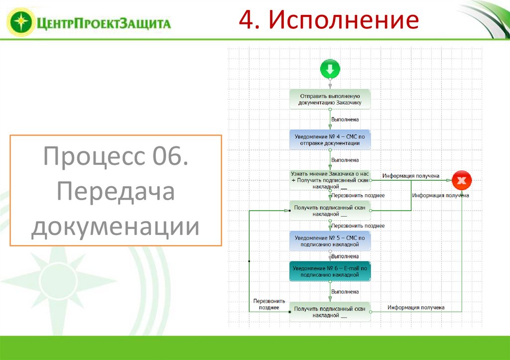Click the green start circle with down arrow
[330, 69]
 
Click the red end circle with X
[461, 181]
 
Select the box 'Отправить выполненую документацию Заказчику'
[330, 100]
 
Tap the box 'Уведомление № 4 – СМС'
[330, 139]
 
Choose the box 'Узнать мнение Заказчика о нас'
[330, 180]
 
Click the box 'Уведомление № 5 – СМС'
[330, 241]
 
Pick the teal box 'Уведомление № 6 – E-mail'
[330, 271]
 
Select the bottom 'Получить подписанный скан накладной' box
[330, 312]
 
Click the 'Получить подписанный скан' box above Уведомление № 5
[330, 211]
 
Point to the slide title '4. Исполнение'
[328, 20]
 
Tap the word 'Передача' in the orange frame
[116, 192]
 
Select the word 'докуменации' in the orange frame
[116, 226]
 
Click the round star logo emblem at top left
[20, 22]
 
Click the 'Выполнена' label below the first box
[345, 120]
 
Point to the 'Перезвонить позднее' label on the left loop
[269, 304]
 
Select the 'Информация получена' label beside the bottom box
[416, 307]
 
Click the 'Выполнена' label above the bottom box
[345, 291]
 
